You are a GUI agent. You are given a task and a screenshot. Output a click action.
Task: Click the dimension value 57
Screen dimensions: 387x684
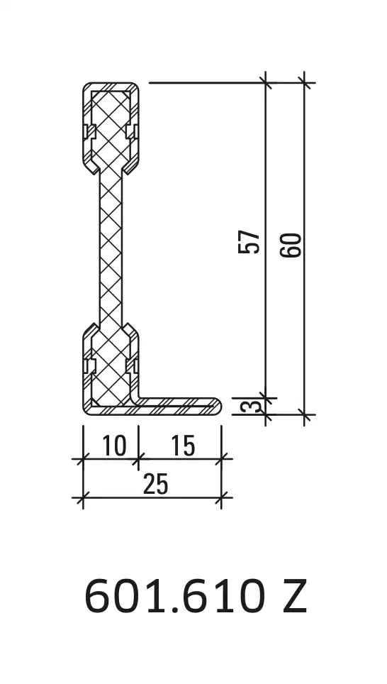click(249, 242)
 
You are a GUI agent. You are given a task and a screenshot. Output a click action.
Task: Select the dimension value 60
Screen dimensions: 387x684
click(291, 246)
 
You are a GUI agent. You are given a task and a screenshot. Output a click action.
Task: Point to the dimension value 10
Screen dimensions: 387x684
click(114, 446)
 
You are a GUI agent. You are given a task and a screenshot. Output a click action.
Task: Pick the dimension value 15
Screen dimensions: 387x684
click(183, 446)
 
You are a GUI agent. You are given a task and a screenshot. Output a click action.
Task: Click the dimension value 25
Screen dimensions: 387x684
click(156, 484)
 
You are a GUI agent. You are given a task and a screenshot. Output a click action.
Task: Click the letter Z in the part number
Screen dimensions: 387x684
click(295, 596)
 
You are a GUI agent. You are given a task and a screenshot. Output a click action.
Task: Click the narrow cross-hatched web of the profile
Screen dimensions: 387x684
click(111, 248)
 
